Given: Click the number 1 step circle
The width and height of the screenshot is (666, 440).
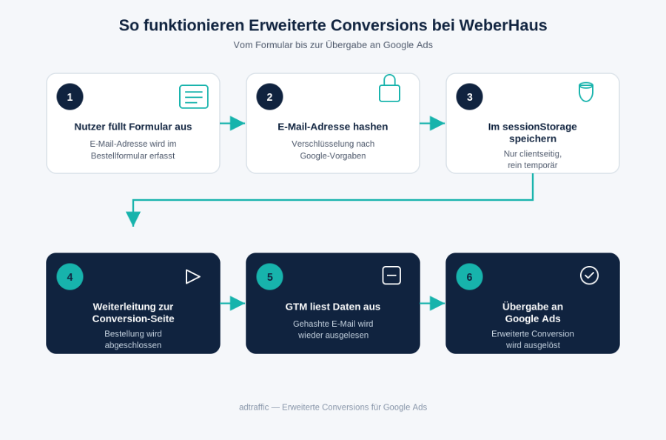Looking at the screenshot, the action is click(70, 97).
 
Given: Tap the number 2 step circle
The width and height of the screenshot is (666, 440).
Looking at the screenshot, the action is click(269, 97).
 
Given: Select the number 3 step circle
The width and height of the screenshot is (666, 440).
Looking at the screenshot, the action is click(469, 97).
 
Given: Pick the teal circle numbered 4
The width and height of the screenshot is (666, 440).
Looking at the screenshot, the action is click(70, 277).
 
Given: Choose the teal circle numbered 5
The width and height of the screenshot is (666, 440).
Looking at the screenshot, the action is click(269, 277).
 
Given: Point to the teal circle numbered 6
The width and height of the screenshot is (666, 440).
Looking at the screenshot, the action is click(469, 277).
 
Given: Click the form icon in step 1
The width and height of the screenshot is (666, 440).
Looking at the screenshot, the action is click(194, 96).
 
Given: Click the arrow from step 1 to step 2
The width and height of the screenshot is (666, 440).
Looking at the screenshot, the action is click(233, 123).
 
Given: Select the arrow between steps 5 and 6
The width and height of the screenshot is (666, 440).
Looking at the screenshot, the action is click(433, 303).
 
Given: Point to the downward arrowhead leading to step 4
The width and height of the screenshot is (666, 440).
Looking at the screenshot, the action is click(133, 219).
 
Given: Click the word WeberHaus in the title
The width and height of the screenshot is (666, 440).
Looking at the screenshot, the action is click(503, 25).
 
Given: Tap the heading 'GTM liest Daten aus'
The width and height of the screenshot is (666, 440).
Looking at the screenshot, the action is click(333, 307).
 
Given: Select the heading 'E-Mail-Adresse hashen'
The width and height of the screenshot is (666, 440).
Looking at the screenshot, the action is click(333, 127).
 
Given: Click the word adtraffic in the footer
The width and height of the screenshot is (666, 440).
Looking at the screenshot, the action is click(254, 407).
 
